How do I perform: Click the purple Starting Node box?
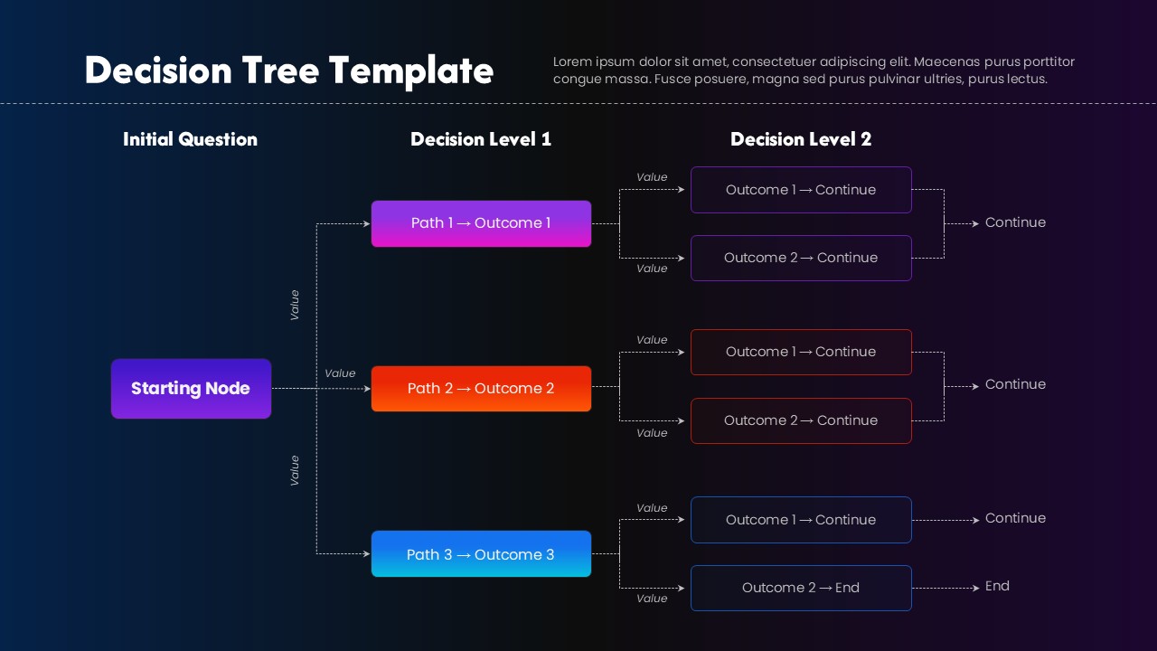point(191,389)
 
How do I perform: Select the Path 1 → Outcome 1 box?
point(481,223)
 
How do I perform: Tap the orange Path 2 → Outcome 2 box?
point(481,389)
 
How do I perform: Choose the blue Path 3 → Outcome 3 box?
point(481,554)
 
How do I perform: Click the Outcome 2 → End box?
point(801,588)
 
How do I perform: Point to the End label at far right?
point(997,586)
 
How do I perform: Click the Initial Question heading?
point(190,139)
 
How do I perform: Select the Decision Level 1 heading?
point(480,139)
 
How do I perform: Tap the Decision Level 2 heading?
point(801,139)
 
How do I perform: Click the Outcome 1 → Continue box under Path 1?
point(801,190)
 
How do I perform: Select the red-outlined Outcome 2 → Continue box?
point(801,420)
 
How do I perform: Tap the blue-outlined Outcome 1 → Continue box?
point(801,520)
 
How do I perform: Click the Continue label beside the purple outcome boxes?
point(1015,222)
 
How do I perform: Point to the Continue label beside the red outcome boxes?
point(1015,384)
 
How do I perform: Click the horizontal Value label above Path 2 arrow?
point(340,373)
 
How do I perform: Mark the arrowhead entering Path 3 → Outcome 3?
point(367,553)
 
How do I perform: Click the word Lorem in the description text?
point(572,61)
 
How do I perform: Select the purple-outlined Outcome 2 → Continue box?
point(801,258)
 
